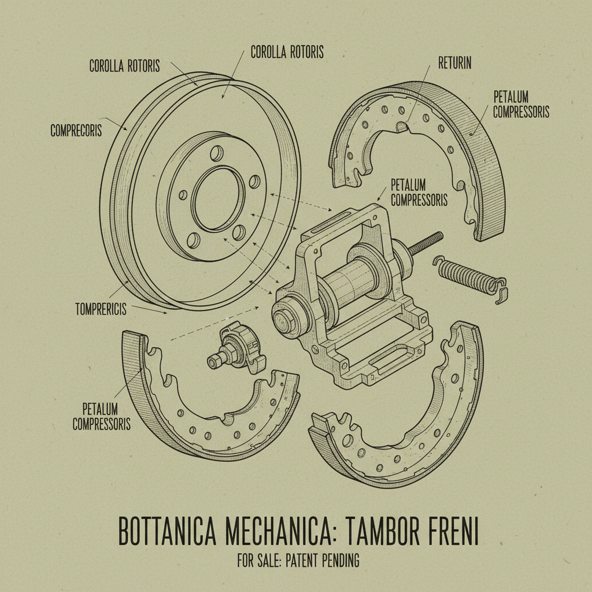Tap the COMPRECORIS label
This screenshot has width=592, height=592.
(76, 131)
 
